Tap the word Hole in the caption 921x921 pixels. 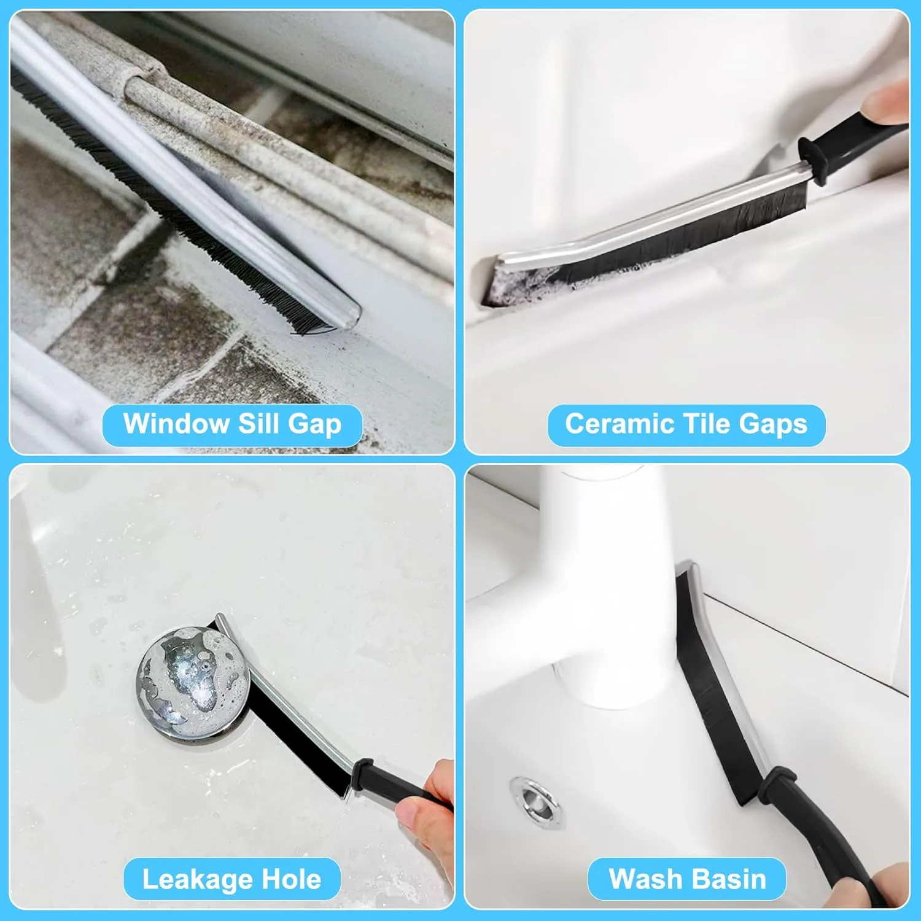[x=291, y=879]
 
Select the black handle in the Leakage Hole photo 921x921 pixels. [x=399, y=783]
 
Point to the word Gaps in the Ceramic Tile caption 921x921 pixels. [x=773, y=425]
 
